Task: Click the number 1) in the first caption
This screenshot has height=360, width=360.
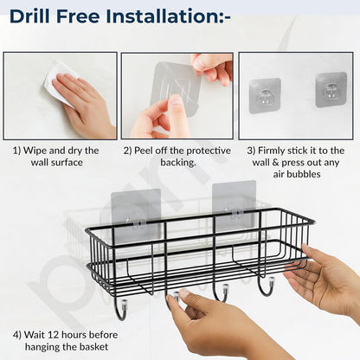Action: click(x=17, y=151)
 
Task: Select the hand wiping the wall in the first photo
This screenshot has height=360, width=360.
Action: click(x=87, y=104)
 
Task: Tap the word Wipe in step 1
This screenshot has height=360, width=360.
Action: click(x=39, y=151)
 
